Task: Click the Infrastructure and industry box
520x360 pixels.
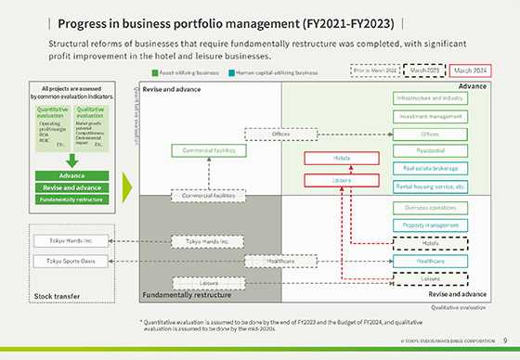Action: coord(429,98)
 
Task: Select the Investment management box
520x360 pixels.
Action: coord(429,117)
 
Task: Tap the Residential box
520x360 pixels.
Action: coord(429,150)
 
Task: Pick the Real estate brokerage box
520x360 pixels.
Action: coord(429,168)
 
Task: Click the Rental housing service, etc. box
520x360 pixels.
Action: coord(429,186)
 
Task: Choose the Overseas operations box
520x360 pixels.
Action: coord(429,208)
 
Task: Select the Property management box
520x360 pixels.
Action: coord(429,225)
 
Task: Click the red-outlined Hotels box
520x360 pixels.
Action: coord(341,158)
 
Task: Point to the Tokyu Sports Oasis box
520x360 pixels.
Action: coord(64,262)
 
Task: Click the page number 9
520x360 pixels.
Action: coord(504,341)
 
